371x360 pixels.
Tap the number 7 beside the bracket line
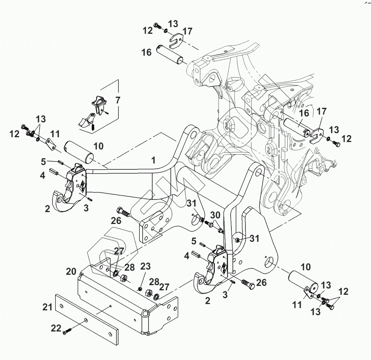tap(118, 100)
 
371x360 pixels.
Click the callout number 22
tap(56, 327)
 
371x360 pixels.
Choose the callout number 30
tap(215, 215)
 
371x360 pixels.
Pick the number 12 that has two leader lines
tap(343, 292)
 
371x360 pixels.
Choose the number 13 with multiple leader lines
tap(41, 119)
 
